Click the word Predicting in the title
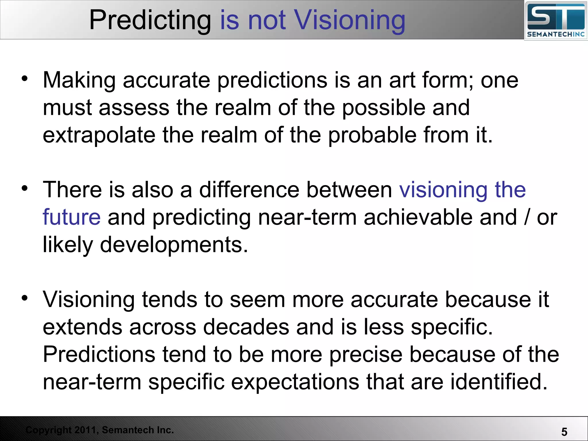click(x=150, y=20)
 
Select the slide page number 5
click(x=564, y=432)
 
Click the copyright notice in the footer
click(x=100, y=430)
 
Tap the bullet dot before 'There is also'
click(x=25, y=188)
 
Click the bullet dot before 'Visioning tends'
click(x=25, y=298)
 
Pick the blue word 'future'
click(x=71, y=217)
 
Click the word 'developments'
click(x=174, y=245)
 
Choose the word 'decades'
click(x=246, y=327)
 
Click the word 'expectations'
click(x=295, y=382)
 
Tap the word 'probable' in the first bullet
click(x=372, y=135)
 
